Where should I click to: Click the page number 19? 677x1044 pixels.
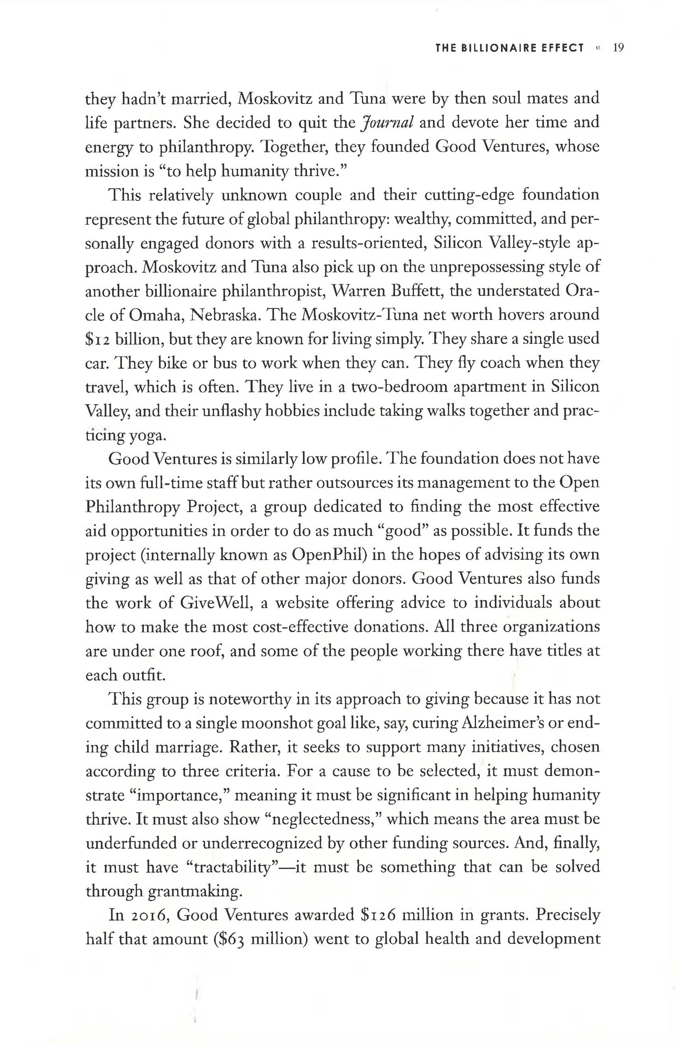pyautogui.click(x=618, y=48)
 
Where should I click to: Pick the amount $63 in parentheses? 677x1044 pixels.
pyautogui.click(x=231, y=940)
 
